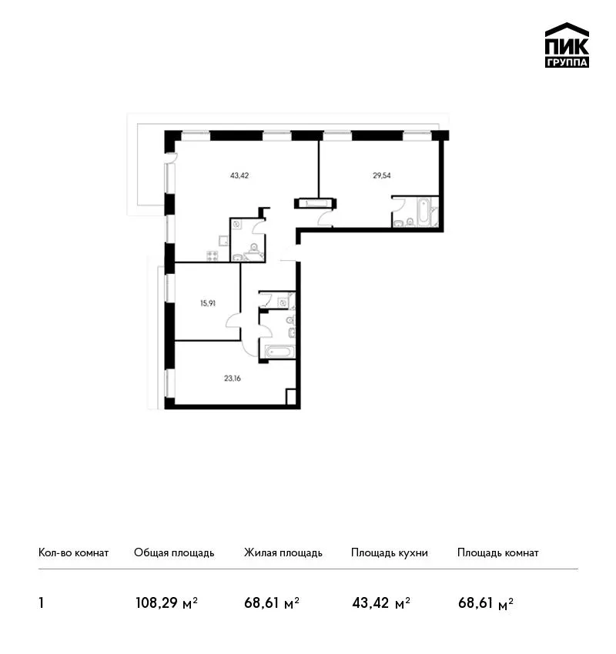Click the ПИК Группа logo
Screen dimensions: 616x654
[567, 45]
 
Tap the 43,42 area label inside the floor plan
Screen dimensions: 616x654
[239, 175]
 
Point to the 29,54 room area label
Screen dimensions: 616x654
[381, 175]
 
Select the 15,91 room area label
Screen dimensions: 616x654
[207, 303]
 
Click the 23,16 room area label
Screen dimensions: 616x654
[232, 379]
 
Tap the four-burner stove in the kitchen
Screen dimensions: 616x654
[213, 255]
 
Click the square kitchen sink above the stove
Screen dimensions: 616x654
[223, 240]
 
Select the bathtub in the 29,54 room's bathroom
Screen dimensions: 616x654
[423, 212]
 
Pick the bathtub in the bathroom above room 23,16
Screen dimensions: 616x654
[277, 351]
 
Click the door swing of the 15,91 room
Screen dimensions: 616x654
[233, 322]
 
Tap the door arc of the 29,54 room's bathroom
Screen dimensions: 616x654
[398, 205]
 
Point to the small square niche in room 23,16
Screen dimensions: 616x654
[291, 396]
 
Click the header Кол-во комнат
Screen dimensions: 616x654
[73, 552]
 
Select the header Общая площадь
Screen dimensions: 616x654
[174, 553]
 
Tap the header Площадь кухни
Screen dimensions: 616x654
[390, 553]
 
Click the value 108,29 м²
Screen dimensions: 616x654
[166, 602]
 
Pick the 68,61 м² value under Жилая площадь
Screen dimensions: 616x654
[272, 602]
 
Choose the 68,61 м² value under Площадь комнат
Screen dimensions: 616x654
[486, 602]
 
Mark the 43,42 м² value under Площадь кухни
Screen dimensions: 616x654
[381, 602]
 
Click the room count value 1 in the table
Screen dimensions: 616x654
[41, 602]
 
